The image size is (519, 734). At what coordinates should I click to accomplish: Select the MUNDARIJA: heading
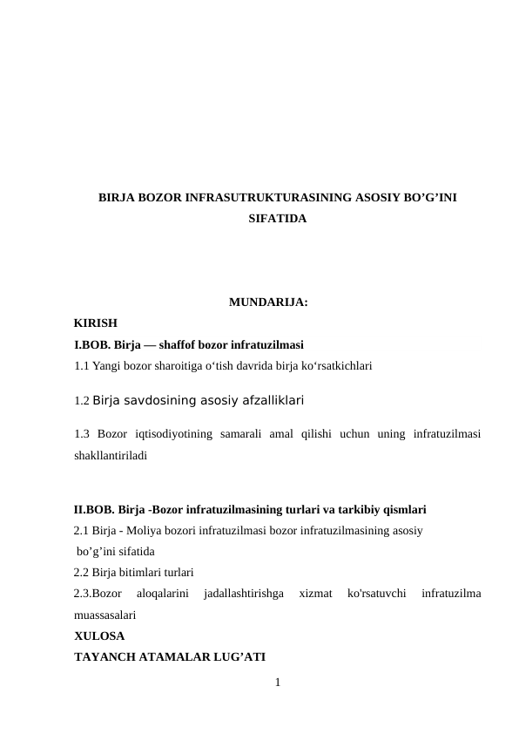(267, 303)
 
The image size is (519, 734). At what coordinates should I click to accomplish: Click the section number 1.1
(82, 366)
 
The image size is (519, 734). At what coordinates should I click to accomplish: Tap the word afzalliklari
(268, 401)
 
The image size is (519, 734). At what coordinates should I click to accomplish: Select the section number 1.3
(83, 434)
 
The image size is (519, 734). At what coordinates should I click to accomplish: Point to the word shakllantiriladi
(111, 455)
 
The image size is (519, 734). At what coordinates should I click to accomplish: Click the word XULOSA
(99, 635)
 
